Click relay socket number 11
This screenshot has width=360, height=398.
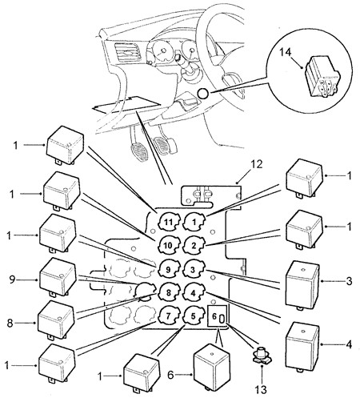pos(168,222)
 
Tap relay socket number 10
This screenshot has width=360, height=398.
pos(168,245)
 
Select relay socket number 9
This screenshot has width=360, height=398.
pos(168,269)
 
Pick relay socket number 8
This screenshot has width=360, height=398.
pos(168,292)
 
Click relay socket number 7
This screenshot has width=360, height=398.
pos(168,316)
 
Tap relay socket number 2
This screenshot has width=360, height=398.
pos(194,246)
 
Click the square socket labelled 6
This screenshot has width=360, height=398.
pos(218,316)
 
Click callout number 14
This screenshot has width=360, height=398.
pos(286,52)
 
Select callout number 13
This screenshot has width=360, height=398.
pos(261,390)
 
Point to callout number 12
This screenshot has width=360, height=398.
pos(256,164)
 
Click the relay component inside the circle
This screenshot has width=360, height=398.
pos(322,76)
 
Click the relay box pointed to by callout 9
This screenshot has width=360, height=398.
pos(58,278)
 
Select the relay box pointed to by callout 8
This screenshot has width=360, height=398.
pos(56,320)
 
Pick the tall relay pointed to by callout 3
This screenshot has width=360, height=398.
pos(302,285)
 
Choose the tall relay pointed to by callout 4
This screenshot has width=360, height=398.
pos(302,348)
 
